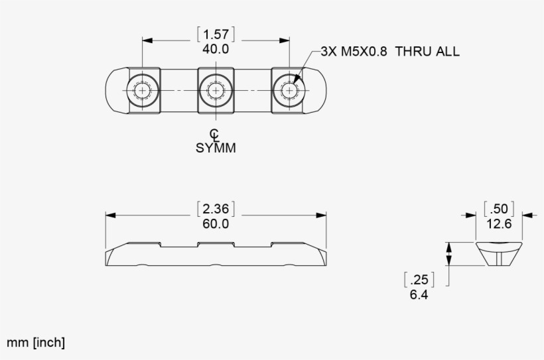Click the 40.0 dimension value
coord(216,48)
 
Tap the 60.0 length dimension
coord(216,223)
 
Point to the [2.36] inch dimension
coord(216,209)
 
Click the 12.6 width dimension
coord(499,223)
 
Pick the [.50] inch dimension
coord(499,209)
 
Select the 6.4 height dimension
coord(419,293)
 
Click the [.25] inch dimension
coord(419,279)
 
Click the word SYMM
coord(216,147)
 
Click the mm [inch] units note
coord(36,342)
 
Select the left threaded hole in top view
coord(142,89)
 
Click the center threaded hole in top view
coord(216,89)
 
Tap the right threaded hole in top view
coord(289,89)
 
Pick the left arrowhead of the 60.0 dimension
coord(111,215)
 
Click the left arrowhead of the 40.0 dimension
coord(148,40)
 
